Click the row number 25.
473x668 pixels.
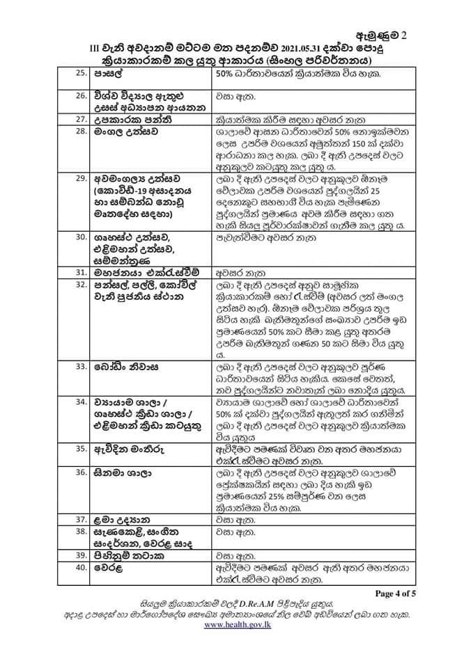point(81,74)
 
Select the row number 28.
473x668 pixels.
point(81,132)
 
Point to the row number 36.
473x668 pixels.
point(81,471)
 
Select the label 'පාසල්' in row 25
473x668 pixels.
point(107,74)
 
